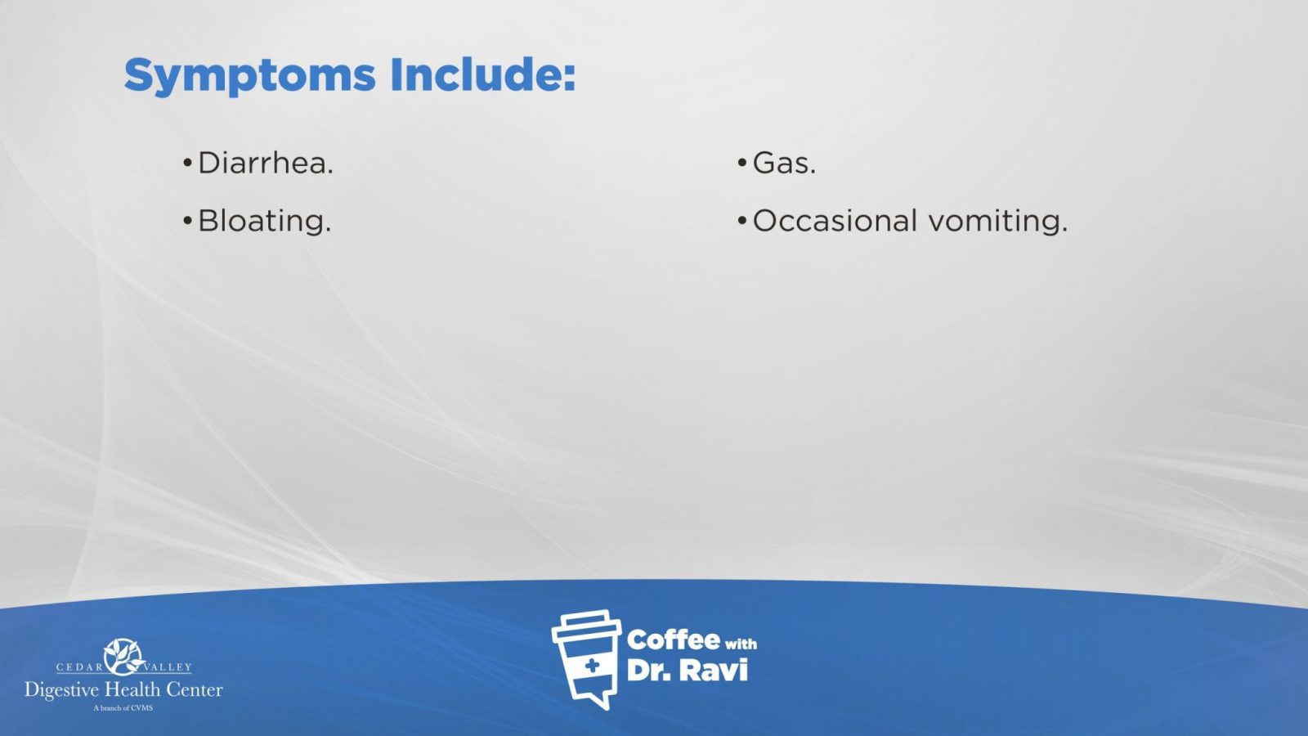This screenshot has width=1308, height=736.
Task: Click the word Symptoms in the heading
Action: (x=250, y=76)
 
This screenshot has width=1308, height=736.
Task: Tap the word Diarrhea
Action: (x=266, y=163)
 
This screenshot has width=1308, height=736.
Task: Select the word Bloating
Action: (x=265, y=221)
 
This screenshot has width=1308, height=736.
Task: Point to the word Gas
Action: (x=784, y=163)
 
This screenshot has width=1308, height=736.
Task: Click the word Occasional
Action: (x=835, y=221)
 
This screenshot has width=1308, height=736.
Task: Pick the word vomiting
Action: (x=998, y=222)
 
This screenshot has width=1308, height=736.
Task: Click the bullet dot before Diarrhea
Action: (x=187, y=163)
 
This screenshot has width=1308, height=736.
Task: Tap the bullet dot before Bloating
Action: (x=187, y=221)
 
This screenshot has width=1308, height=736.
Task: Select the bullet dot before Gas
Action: (x=742, y=163)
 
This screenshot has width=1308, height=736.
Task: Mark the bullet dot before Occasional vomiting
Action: (x=742, y=221)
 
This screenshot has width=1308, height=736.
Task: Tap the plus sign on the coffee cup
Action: (x=592, y=666)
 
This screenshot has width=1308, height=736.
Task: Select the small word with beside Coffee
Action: (x=741, y=644)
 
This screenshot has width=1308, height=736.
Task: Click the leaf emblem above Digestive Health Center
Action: (x=123, y=657)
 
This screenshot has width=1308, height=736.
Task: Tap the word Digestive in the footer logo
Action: (x=61, y=691)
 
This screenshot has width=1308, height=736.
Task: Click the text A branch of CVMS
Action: (x=123, y=708)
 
